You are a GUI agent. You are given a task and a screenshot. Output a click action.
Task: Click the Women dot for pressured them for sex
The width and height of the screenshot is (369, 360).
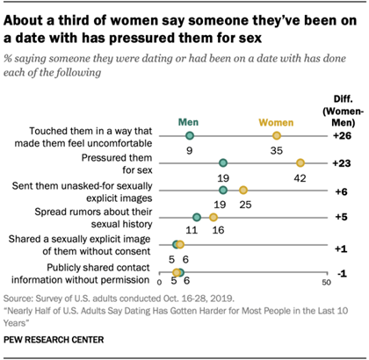point(300,163)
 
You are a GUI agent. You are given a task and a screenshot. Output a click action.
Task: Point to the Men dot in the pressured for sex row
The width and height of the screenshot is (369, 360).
point(223,163)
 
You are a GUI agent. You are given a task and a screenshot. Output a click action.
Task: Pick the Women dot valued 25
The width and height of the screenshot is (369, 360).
point(243,191)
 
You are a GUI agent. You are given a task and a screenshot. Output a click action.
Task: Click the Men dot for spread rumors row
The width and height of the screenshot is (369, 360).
point(196,218)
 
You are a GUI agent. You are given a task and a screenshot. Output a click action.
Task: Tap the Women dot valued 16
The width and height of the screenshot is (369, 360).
point(213,218)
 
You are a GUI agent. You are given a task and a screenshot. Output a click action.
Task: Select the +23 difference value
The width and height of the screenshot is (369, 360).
point(342,163)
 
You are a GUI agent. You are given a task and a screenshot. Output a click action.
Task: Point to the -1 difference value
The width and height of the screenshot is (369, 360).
point(342,272)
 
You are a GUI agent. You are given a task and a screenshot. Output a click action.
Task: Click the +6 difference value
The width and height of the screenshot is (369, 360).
point(342,191)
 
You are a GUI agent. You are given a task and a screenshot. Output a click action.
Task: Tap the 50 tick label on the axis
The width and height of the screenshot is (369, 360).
point(326,283)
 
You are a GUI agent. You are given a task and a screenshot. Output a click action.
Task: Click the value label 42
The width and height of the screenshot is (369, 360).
point(300,176)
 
